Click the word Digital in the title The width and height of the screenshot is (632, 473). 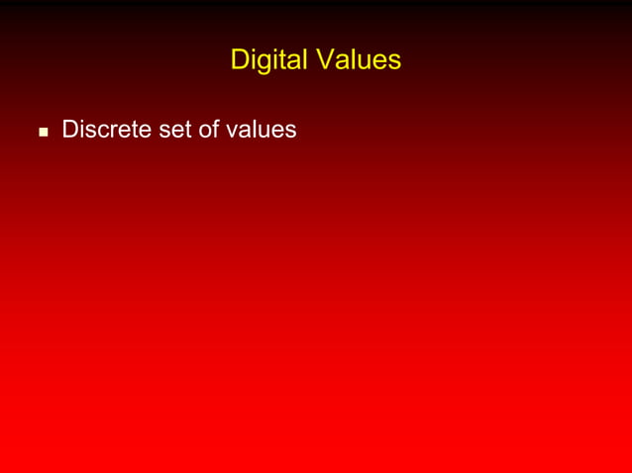[268, 60]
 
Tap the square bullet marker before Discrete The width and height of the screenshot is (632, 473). [43, 131]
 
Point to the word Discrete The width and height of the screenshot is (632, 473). [106, 130]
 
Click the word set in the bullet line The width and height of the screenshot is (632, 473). [174, 130]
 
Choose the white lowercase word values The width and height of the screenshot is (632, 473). [260, 130]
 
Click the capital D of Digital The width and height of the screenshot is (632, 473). [239, 60]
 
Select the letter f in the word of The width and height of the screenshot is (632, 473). [215, 129]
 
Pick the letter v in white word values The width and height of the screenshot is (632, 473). [230, 131]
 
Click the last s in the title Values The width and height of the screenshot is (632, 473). [394, 62]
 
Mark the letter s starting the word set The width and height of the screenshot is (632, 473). [162, 131]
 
